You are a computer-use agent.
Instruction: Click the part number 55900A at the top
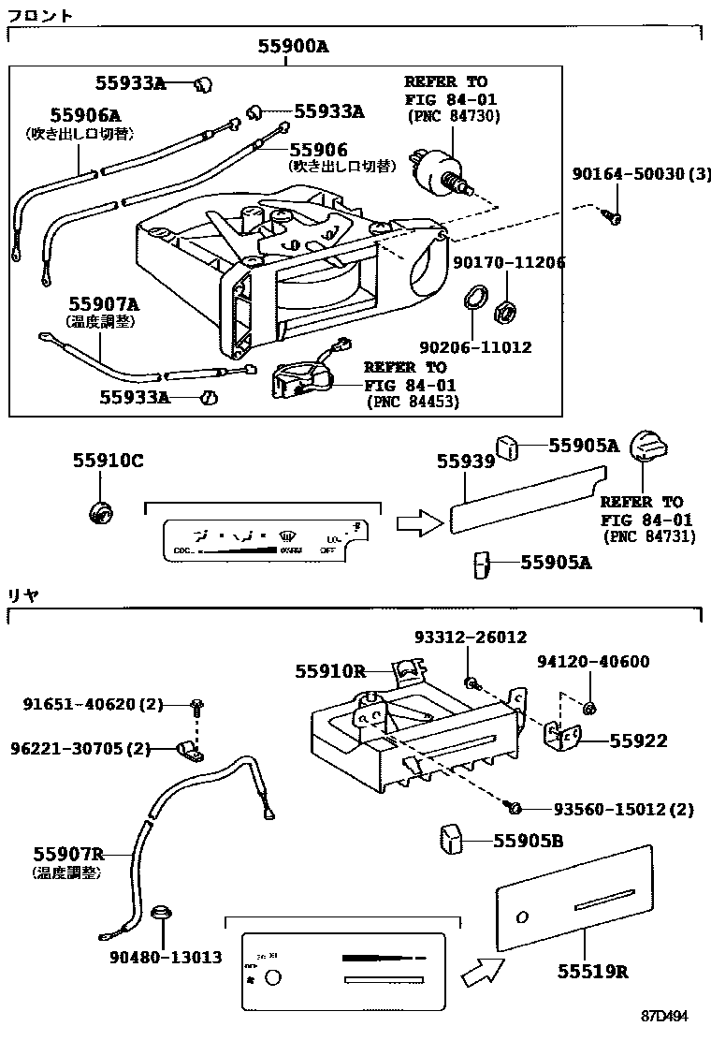pos(294,47)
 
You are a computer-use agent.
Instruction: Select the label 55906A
pos(85,115)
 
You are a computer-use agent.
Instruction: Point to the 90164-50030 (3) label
pos(642,175)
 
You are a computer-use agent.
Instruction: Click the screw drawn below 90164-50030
pos(613,217)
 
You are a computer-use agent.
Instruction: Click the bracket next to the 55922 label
pos(562,738)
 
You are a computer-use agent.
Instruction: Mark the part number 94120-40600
pos(593,662)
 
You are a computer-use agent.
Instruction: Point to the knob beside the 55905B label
pos(453,839)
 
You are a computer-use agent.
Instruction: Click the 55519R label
pos(594,971)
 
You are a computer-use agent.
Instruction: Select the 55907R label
pos(67,854)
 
